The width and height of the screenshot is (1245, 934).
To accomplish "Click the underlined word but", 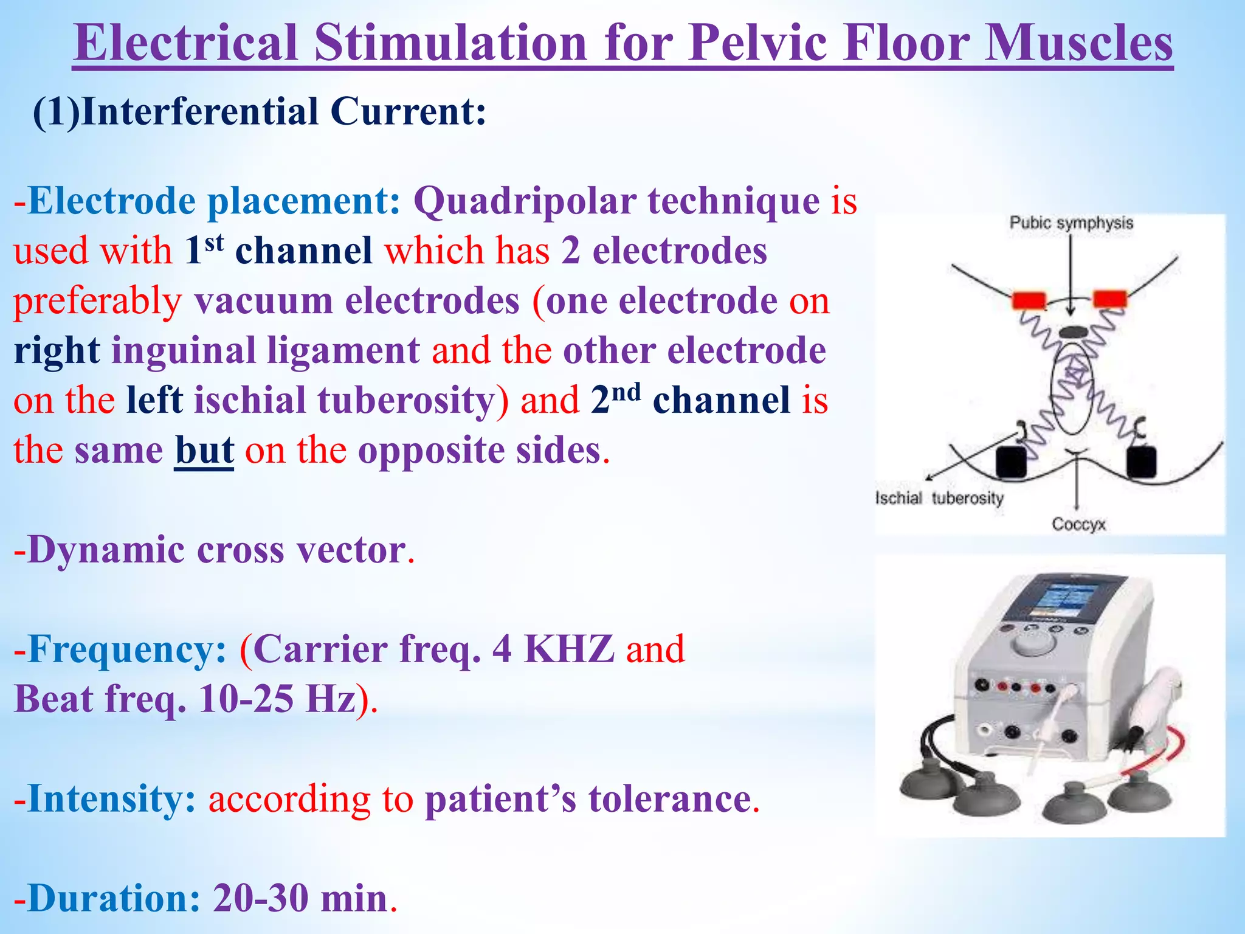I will coord(204,451).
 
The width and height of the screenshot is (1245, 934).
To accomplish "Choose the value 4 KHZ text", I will coord(553,649).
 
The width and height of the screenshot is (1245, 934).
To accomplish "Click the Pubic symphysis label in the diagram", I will coord(1071,223).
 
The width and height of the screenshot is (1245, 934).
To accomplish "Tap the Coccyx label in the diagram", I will coord(1078,524).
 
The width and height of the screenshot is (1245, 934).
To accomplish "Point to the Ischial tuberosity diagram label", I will coord(939,499).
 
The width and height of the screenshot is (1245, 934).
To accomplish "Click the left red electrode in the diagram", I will coord(1029,300).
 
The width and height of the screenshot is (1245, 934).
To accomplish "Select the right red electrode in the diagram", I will coord(1110,299).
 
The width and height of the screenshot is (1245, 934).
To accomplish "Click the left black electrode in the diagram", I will coord(1012,462).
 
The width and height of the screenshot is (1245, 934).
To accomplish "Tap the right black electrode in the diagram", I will coord(1142,462).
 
